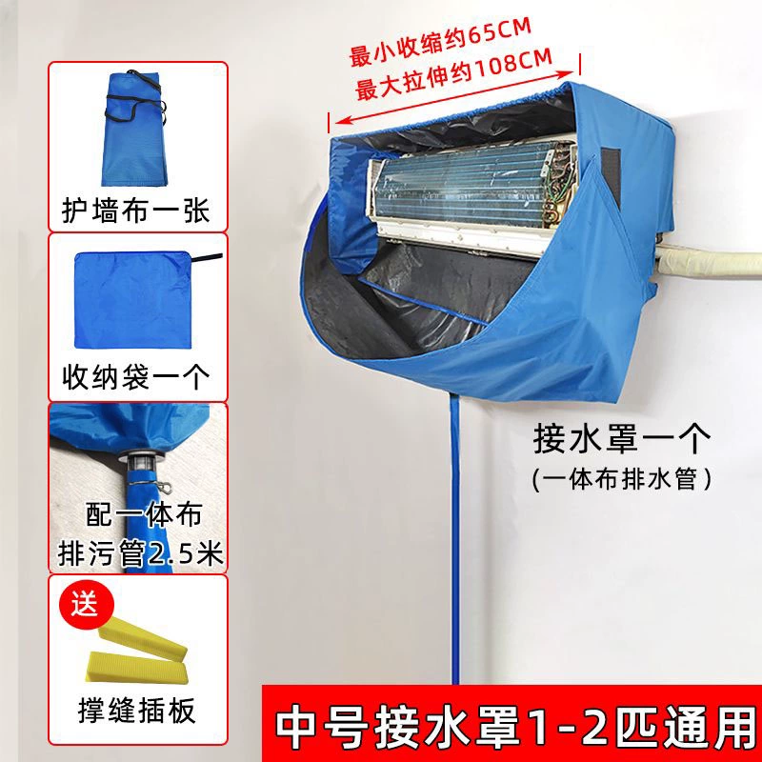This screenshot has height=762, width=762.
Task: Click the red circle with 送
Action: point(86,605)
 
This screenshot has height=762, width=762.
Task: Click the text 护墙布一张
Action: point(136,211)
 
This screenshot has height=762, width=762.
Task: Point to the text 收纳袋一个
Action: point(136,377)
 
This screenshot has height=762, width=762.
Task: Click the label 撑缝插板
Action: point(136,710)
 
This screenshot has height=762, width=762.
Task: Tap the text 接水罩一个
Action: point(622,438)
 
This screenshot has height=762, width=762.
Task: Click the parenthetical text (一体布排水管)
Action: point(622,479)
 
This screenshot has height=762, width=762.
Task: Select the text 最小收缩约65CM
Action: point(440,42)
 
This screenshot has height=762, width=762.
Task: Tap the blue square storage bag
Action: point(132,300)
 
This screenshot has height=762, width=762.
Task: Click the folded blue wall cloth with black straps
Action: point(133,129)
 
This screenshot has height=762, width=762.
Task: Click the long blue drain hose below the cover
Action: point(455,538)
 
